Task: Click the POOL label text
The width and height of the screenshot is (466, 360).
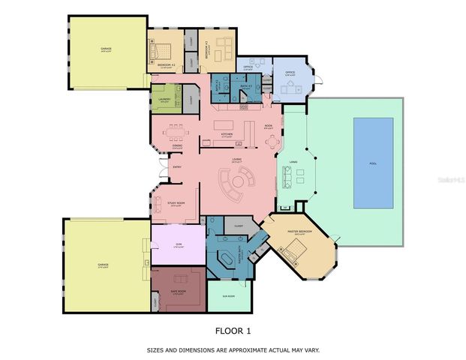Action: pos(373,163)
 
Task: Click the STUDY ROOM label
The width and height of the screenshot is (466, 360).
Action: pos(176,202)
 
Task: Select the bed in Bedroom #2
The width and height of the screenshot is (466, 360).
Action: pos(161,52)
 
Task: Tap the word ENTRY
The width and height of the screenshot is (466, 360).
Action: pos(177,166)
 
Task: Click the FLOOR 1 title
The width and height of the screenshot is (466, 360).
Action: pos(233,330)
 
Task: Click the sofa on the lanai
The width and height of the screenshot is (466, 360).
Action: pos(285,178)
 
